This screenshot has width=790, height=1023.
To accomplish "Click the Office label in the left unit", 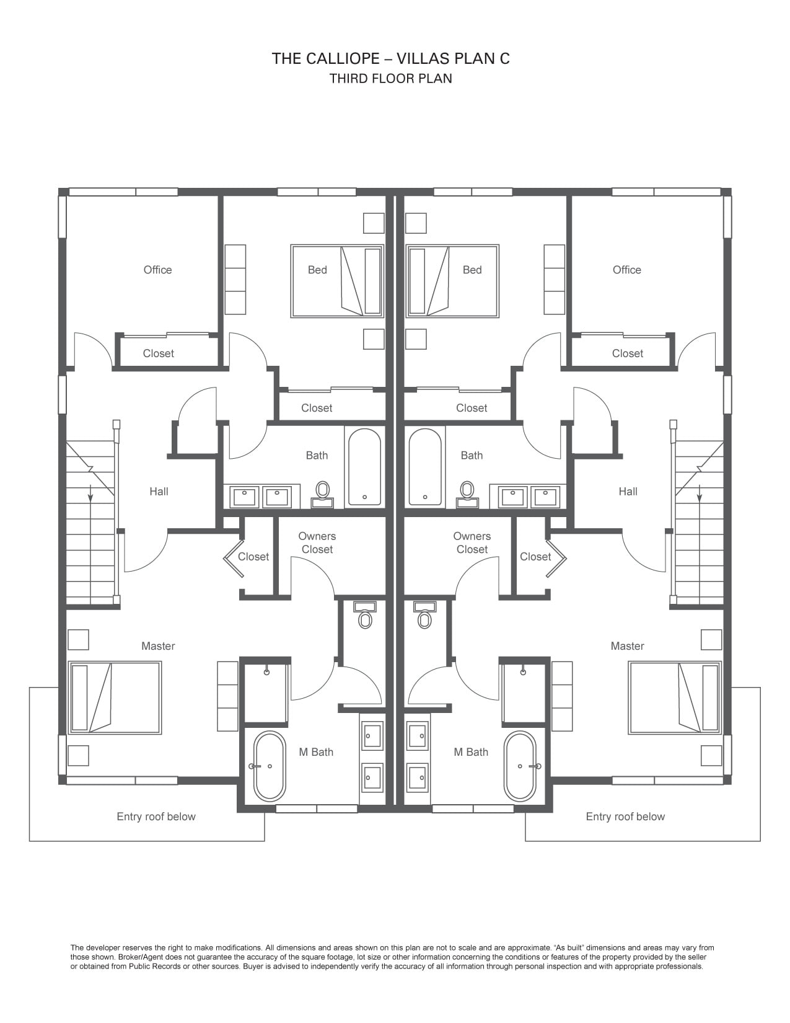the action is pyautogui.click(x=157, y=270).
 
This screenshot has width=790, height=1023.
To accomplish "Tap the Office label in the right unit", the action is pyautogui.click(x=626, y=270).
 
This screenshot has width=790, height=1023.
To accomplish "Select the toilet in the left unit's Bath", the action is pyautogui.click(x=322, y=494).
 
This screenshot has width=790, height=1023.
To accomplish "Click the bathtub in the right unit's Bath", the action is pyautogui.click(x=425, y=466).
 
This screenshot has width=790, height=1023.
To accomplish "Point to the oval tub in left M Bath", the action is pyautogui.click(x=270, y=766).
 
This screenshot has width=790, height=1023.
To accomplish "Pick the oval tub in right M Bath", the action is pyautogui.click(x=520, y=766).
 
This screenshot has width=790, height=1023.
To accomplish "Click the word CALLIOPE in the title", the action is pyautogui.click(x=343, y=58).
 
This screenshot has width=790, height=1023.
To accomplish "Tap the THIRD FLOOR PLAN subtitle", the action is pyautogui.click(x=391, y=78).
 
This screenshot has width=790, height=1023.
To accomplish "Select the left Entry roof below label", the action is pyautogui.click(x=156, y=817).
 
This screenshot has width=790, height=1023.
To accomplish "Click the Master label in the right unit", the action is pyautogui.click(x=627, y=646).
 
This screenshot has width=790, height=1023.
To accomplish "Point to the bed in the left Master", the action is pyautogui.click(x=115, y=697).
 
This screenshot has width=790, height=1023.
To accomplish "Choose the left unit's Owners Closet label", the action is pyautogui.click(x=317, y=542).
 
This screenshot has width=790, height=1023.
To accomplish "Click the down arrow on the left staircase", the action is pyautogui.click(x=90, y=493).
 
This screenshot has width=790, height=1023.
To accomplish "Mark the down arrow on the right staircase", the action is pyautogui.click(x=700, y=493).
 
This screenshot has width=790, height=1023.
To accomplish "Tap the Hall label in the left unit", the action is pyautogui.click(x=159, y=492).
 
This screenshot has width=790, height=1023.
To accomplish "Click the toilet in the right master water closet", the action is pyautogui.click(x=424, y=615).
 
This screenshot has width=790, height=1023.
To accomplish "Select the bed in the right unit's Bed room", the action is pyautogui.click(x=452, y=281).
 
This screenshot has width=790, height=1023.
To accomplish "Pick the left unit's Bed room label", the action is pyautogui.click(x=317, y=270).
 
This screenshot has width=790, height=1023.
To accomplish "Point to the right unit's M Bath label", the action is pyautogui.click(x=471, y=752).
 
